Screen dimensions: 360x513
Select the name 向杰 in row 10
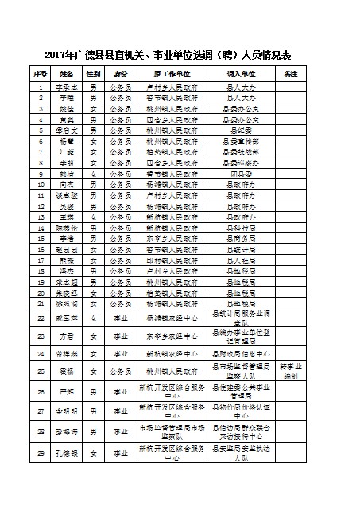click(x=68, y=183)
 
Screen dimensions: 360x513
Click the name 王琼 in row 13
click(x=68, y=216)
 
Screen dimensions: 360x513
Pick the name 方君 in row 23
click(x=68, y=336)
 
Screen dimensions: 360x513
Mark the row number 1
click(x=41, y=84)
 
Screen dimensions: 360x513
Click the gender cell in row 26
click(x=95, y=391)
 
